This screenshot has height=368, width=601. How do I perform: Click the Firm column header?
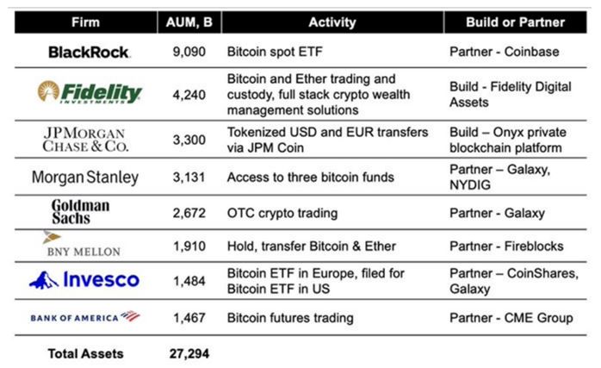tap(85, 22)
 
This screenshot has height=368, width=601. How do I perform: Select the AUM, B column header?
tap(189, 22)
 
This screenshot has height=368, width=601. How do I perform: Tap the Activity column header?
tap(332, 22)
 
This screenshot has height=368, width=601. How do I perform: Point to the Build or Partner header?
tap(515, 22)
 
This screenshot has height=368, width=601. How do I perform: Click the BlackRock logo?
tap(90, 53)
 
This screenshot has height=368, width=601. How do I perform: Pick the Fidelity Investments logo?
tap(90, 92)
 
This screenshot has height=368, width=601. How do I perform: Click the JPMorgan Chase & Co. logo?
tap(85, 140)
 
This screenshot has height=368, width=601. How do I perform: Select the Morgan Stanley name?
tap(85, 178)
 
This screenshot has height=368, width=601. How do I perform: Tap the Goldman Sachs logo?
tap(80, 211)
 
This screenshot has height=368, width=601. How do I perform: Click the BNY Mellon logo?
tap(84, 244)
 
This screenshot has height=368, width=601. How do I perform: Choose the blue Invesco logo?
tap(84, 280)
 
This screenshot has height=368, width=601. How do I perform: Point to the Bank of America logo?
tap(85, 317)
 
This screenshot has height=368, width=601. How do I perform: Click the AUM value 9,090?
tap(189, 52)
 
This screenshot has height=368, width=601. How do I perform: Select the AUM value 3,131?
tap(189, 178)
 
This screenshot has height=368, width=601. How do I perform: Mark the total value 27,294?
tap(189, 353)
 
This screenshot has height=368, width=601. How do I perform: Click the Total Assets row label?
tap(85, 353)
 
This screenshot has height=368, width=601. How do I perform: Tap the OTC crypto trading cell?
tap(282, 213)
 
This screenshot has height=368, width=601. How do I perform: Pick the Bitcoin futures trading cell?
tap(290, 318)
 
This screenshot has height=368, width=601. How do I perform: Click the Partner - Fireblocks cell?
tap(506, 246)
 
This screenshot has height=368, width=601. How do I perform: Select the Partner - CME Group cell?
tap(511, 318)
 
